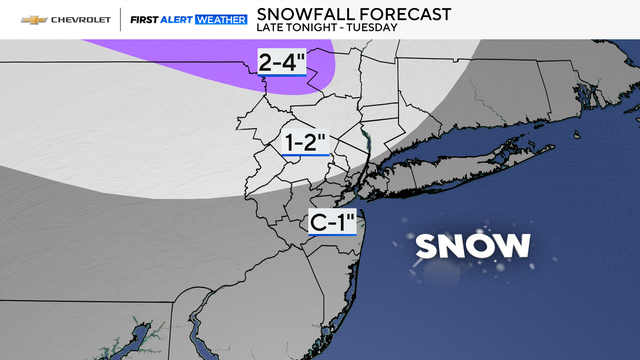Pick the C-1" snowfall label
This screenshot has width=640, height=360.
tap(333, 222)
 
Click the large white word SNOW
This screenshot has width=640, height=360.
tap(472, 246)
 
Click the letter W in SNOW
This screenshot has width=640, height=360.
tap(514, 246)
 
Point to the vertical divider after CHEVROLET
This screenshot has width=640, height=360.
tap(120, 19)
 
